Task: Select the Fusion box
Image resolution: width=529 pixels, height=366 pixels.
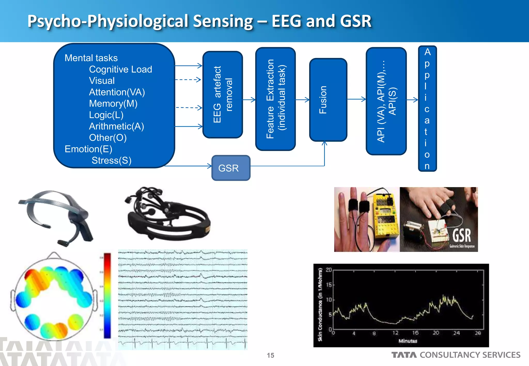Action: (x=328, y=100)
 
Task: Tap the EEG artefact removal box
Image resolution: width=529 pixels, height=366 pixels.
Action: (x=223, y=94)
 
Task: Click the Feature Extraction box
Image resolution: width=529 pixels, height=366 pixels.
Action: (x=275, y=99)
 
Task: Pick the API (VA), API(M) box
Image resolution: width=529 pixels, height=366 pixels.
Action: (x=386, y=101)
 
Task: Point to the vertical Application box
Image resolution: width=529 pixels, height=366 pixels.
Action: (x=427, y=108)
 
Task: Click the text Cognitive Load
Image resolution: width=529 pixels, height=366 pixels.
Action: (x=120, y=69)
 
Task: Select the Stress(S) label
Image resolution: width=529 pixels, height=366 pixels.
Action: (x=111, y=161)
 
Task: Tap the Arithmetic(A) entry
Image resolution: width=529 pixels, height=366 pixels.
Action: (x=116, y=126)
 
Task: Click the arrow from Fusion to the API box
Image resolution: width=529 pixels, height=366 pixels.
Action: (x=356, y=99)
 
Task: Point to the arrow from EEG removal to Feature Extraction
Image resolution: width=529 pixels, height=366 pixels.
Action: (x=249, y=100)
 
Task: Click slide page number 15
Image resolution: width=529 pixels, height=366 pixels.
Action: (x=270, y=355)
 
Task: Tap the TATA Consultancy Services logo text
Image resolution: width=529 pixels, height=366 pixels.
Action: (x=456, y=355)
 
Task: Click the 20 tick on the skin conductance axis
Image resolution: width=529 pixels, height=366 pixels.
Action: (x=329, y=270)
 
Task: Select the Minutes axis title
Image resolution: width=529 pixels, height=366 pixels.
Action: (x=408, y=341)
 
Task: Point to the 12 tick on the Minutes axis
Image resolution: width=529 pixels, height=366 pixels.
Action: (x=395, y=333)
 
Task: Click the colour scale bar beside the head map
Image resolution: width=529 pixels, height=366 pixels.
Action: (x=107, y=296)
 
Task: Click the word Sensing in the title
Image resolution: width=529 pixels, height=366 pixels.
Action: (x=223, y=21)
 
